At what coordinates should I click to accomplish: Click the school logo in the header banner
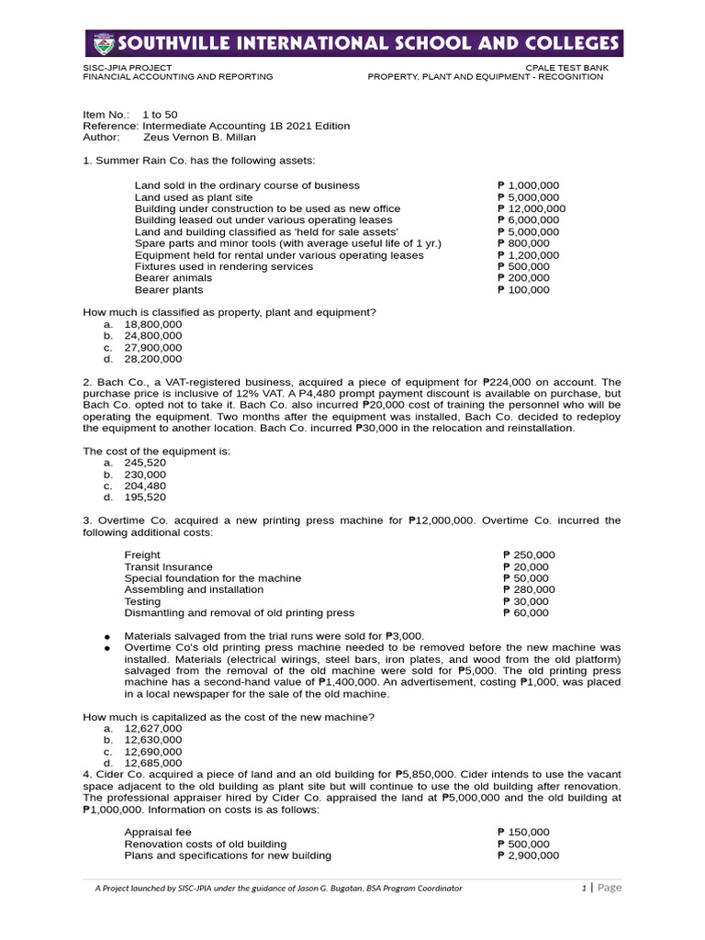point(106,43)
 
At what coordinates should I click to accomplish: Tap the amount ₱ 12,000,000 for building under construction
point(531,208)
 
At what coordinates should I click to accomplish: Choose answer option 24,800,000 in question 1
point(153,336)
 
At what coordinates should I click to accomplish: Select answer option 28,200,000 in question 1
point(153,360)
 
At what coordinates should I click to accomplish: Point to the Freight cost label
point(142,554)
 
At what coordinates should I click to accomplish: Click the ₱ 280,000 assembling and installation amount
point(529,589)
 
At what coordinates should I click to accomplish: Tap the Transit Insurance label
point(168,566)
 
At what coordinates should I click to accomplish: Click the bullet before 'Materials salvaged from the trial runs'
point(107,636)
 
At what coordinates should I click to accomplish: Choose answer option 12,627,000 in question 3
point(153,728)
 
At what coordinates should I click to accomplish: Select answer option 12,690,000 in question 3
point(153,751)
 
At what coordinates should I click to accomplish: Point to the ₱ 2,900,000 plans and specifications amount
point(527,856)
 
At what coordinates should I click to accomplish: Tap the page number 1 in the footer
point(584,888)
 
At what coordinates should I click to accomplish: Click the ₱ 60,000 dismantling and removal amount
point(526,612)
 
